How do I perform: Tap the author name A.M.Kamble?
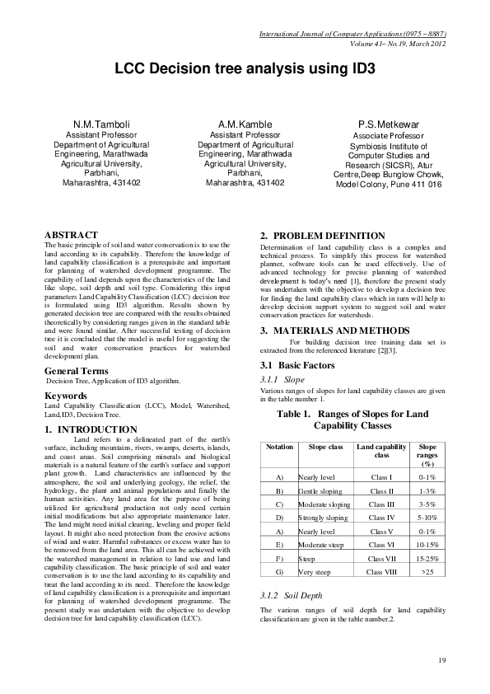245,124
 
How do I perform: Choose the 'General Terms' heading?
78,373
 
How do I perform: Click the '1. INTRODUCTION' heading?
91,429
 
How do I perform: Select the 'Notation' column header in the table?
280,447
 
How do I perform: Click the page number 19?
441,660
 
